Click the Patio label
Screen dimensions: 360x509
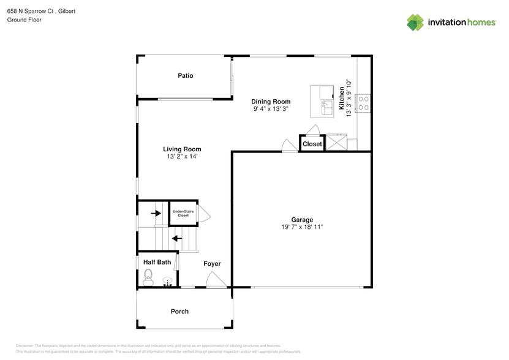[186, 76]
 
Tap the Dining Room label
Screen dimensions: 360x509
[271, 102]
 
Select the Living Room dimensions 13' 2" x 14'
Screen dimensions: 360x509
[182, 157]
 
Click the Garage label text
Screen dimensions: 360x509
[302, 220]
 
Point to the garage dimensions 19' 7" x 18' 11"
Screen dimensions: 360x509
[302, 227]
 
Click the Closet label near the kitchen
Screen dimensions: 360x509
[312, 144]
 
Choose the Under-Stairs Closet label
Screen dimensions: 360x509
[183, 214]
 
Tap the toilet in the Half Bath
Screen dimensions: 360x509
[147, 280]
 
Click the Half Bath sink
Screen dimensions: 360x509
[167, 282]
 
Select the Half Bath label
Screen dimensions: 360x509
[157, 262]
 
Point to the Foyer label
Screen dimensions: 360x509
[212, 264]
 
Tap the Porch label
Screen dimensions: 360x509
[179, 312]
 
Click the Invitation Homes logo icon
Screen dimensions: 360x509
[415, 22]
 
